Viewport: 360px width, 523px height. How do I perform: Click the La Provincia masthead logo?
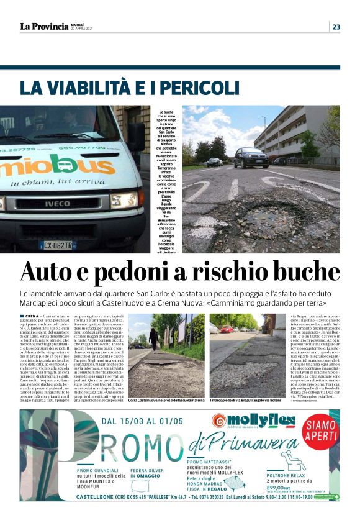pyautogui.click(x=43, y=27)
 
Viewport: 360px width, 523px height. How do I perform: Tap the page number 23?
pyautogui.click(x=336, y=27)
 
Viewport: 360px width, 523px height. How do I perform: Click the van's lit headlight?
pyautogui.click(x=124, y=200)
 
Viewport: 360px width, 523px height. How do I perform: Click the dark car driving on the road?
pyautogui.click(x=250, y=158)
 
